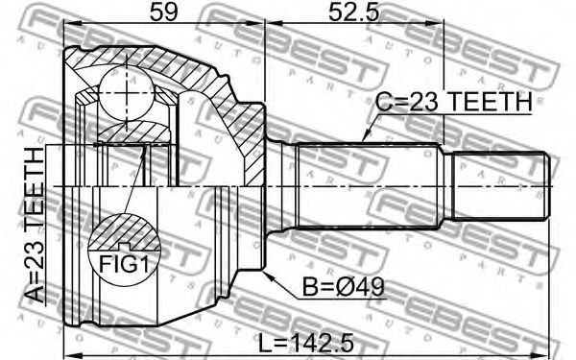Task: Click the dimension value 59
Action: point(163,12)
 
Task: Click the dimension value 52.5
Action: point(353,12)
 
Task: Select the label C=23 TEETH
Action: point(454,102)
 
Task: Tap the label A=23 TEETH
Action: point(36,225)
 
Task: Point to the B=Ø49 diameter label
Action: point(343,287)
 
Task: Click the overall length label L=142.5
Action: point(306,343)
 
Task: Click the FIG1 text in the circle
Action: point(125,264)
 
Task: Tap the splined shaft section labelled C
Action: point(369,186)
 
